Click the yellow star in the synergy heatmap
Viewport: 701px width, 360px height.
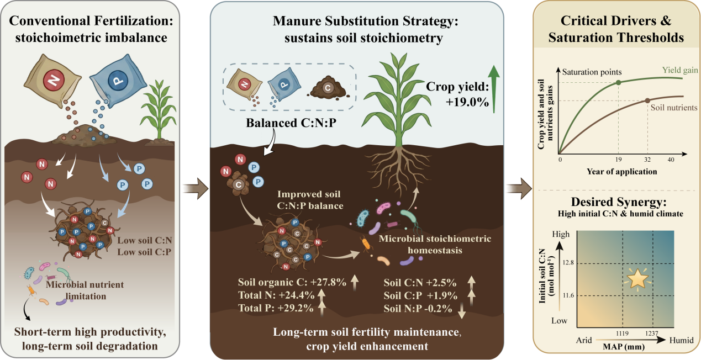[637, 279]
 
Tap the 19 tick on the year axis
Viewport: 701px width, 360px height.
[618, 160]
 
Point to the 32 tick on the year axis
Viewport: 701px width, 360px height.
[647, 160]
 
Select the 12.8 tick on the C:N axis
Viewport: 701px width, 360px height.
[568, 262]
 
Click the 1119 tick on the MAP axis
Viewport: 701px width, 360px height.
[623, 333]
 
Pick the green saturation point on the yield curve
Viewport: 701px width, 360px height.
[618, 83]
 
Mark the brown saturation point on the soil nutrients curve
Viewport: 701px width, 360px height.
[647, 100]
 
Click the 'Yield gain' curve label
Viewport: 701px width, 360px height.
[679, 70]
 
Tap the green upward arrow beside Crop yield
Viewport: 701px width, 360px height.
[493, 89]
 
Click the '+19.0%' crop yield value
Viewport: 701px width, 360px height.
[467, 102]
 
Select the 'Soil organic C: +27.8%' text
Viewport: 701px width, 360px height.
[292, 282]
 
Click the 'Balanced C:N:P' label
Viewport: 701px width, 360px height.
[291, 123]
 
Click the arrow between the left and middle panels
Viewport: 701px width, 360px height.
[196, 189]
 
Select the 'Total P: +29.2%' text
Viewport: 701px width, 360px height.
[276, 308]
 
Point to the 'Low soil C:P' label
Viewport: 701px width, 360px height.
[144, 252]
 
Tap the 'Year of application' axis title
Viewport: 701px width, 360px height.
[622, 172]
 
